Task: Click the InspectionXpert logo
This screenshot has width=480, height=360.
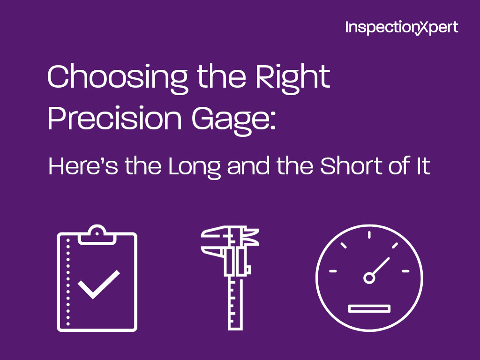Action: (x=402, y=28)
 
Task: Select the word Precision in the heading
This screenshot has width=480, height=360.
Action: (x=115, y=119)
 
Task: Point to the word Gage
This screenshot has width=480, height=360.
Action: (x=230, y=121)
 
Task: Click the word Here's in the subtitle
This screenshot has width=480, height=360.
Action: (x=83, y=166)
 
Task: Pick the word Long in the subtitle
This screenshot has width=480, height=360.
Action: (x=195, y=168)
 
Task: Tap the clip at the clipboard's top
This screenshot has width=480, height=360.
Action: (x=97, y=235)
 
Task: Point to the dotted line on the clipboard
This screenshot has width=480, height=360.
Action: (x=68, y=282)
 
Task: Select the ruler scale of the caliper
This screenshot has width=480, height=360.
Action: (x=235, y=303)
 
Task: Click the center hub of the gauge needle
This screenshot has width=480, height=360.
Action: (x=369, y=278)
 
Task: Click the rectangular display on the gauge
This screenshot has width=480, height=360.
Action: (x=369, y=308)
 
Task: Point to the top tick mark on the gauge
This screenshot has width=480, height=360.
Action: (x=369, y=235)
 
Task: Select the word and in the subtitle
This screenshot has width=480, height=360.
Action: (x=248, y=166)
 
